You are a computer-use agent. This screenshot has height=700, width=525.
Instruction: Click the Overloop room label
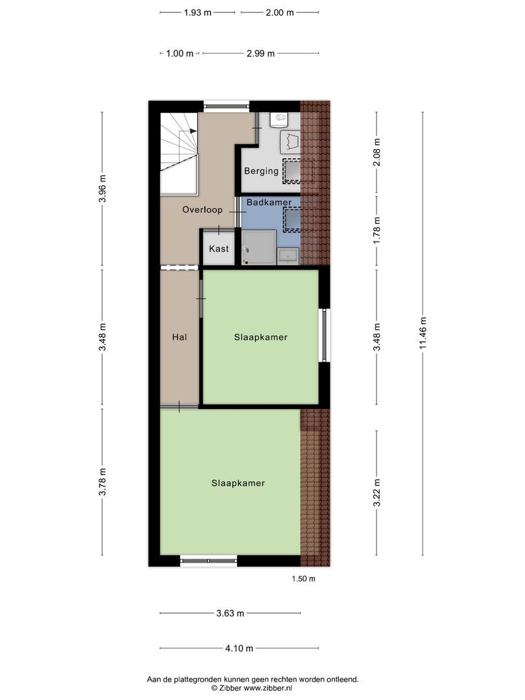coord(202,210)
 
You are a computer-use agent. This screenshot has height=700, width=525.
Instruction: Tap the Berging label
coord(261,171)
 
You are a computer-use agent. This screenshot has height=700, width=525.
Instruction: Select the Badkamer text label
coord(269,202)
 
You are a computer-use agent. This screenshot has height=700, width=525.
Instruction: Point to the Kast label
coord(219,249)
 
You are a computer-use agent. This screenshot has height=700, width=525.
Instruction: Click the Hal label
coord(180,337)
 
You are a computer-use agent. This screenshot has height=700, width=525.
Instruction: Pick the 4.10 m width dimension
coord(239,648)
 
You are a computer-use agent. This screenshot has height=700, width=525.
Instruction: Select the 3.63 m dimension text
coord(230,613)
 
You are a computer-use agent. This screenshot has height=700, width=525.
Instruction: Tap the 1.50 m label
coord(303,579)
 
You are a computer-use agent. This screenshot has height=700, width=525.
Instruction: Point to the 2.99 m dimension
coord(261,54)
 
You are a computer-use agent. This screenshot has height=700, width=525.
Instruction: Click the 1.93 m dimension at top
coord(198,12)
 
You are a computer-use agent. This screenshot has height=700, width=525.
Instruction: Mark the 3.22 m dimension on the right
coord(377,493)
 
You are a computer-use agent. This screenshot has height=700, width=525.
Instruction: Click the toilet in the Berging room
coord(281,119)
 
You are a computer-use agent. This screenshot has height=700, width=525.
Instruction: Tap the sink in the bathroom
coord(288,256)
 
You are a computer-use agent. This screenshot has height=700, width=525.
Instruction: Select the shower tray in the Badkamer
coord(259,248)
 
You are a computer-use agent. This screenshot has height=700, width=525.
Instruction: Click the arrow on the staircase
coord(193,131)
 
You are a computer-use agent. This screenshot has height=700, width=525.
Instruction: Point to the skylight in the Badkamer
coord(292,219)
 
